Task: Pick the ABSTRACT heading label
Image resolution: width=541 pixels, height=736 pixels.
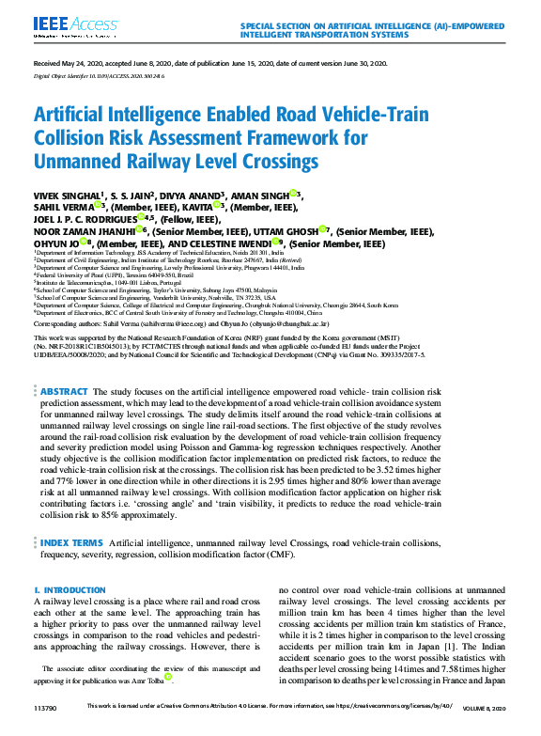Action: [65, 417]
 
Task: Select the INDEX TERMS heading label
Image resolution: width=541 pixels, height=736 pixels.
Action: [71, 543]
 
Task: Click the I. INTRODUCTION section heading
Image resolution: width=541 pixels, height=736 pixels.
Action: [70, 590]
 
